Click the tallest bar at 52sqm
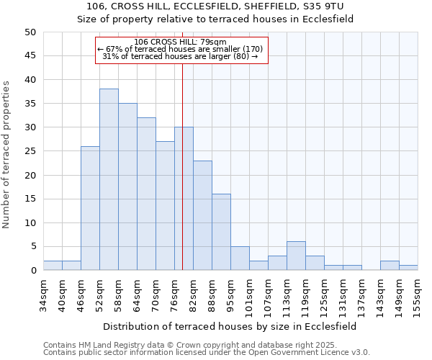pyautogui.click(x=109, y=179)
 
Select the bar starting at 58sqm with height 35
pyautogui.click(x=127, y=186)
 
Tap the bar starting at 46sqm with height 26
pyautogui.click(x=90, y=208)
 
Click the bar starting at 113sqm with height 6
pyautogui.click(x=296, y=256)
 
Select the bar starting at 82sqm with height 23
pyautogui.click(x=202, y=215)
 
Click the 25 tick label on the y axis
pyautogui.click(x=30, y=151)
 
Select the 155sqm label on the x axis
pyautogui.click(x=418, y=294)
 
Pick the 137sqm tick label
pyautogui.click(x=361, y=294)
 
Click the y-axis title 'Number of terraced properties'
pyautogui.click(x=7, y=154)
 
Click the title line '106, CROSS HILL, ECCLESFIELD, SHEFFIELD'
pyautogui.click(x=215, y=6)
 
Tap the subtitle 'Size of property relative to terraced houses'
pyautogui.click(x=215, y=19)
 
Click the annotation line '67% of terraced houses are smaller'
pyautogui.click(x=181, y=49)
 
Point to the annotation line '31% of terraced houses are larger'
pyautogui.click(x=181, y=56)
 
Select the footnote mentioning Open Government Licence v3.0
pyautogui.click(x=207, y=353)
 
